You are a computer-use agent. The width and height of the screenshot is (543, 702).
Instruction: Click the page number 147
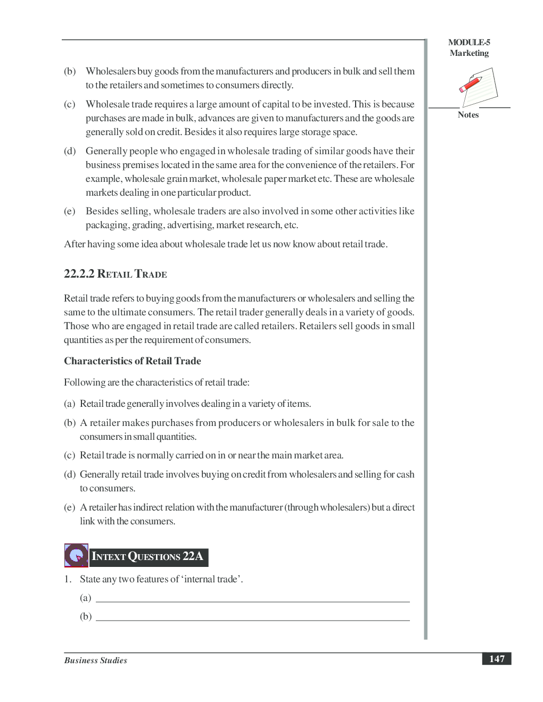pyautogui.click(x=497, y=658)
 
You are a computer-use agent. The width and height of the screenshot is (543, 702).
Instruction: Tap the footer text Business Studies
pyautogui.click(x=96, y=660)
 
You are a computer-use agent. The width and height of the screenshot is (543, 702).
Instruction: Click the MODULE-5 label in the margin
pyautogui.click(x=469, y=43)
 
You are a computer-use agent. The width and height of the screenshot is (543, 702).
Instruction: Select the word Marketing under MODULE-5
pyautogui.click(x=469, y=53)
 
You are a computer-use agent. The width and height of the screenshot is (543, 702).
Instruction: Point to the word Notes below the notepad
pyautogui.click(x=468, y=115)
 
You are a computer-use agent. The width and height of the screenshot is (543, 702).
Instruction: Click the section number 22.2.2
pyautogui.click(x=79, y=274)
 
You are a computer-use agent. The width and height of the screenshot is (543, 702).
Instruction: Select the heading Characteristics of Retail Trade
pyautogui.click(x=133, y=361)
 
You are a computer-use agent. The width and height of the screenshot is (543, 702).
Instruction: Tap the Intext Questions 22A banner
pyautogui.click(x=148, y=557)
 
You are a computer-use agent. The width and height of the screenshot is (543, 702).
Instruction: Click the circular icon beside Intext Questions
pyautogui.click(x=76, y=556)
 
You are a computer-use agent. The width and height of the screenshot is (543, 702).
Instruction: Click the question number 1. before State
pyautogui.click(x=68, y=579)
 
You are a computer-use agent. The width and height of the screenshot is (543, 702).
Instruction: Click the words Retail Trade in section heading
pyautogui.click(x=132, y=274)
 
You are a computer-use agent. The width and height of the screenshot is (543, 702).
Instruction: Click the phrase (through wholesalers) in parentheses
pyautogui.click(x=327, y=507)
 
